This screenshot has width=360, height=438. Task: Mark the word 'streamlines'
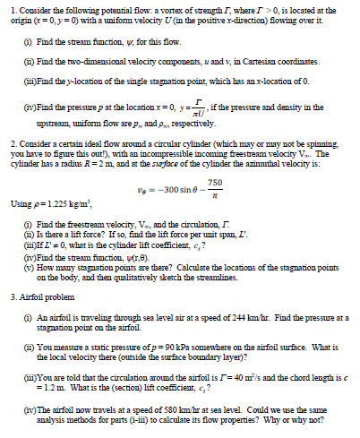pyautogui.click(x=225, y=286)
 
